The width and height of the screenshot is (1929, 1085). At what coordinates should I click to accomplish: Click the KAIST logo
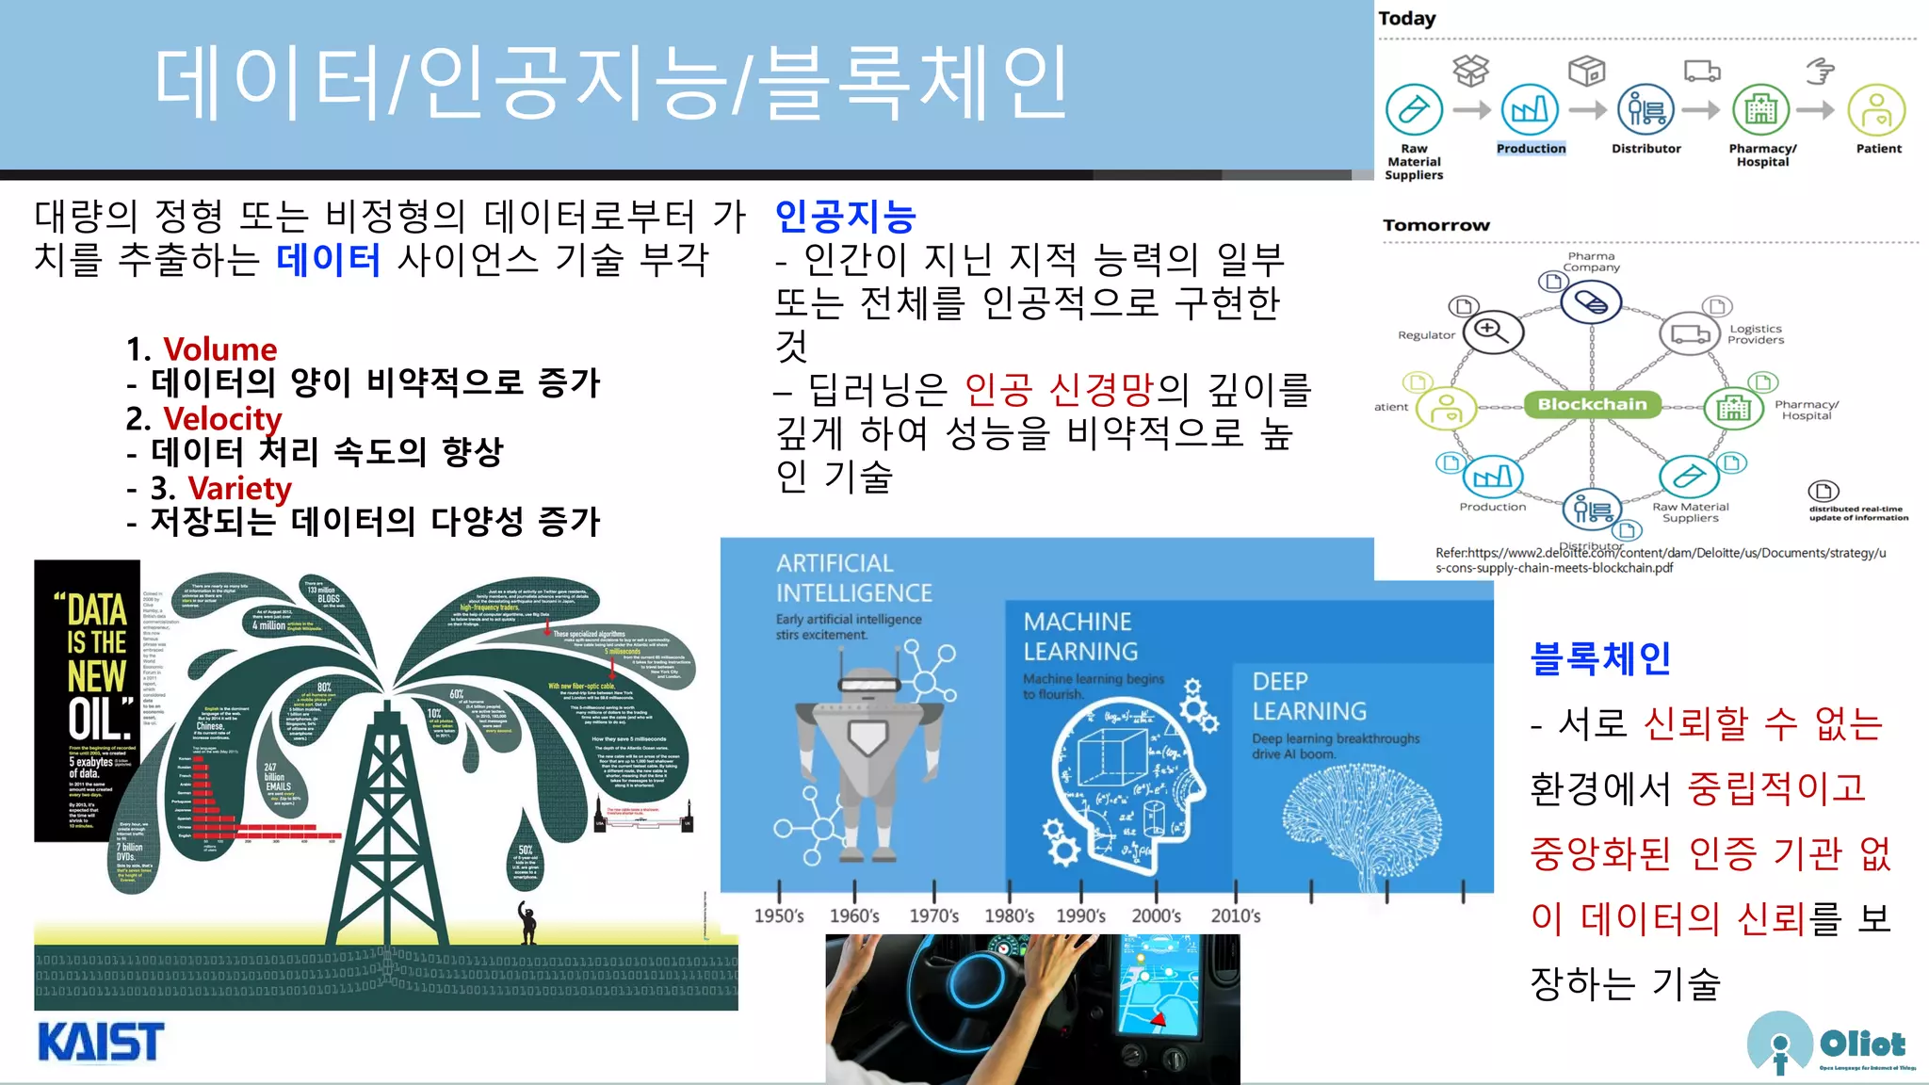(101, 1042)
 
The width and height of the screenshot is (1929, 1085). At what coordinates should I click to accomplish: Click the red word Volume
(220, 349)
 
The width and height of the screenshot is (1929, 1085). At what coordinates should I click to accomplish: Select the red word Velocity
(222, 418)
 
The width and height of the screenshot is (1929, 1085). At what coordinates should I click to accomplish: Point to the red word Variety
(239, 488)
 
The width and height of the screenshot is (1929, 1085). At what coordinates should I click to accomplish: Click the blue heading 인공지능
(845, 217)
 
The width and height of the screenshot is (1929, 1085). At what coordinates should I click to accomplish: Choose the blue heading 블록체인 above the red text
(1600, 657)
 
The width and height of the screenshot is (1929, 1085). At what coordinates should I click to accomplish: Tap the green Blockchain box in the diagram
(1592, 405)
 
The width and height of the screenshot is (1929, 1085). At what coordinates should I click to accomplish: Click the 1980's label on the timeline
(1009, 915)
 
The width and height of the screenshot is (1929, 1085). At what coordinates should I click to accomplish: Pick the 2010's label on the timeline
(1235, 915)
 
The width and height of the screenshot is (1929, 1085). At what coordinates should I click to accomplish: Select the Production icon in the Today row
(1530, 110)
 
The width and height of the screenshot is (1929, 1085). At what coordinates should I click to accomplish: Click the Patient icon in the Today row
(1876, 110)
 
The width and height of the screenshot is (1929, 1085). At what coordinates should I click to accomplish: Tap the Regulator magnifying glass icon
(1493, 331)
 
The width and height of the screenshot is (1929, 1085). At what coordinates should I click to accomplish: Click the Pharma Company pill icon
(1591, 303)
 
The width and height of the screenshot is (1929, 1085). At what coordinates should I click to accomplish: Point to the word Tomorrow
(1435, 225)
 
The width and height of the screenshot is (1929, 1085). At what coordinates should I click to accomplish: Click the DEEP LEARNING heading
(1308, 696)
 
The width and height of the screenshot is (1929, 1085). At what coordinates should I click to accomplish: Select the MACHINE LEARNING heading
(1080, 637)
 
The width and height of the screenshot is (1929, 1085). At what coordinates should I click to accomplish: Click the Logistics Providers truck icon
(1691, 334)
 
